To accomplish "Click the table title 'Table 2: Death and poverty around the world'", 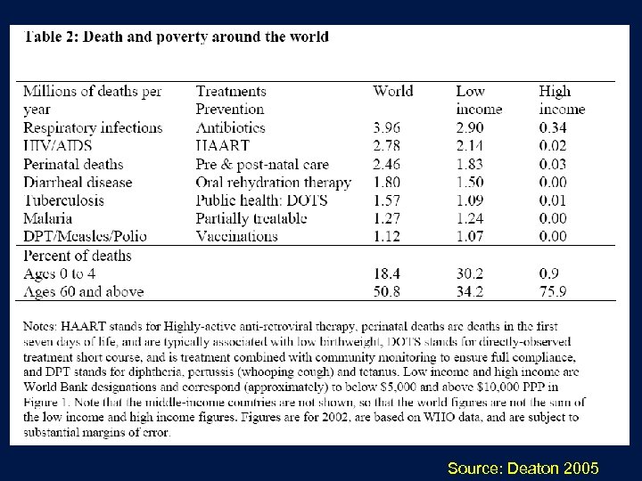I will click(x=176, y=37).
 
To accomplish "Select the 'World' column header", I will click(x=393, y=91).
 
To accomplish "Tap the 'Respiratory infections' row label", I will click(x=93, y=127).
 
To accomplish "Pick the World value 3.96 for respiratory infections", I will click(x=389, y=127).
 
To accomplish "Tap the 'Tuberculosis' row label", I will click(x=63, y=200).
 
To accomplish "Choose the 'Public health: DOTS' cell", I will click(x=262, y=200).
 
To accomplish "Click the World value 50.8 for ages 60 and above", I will click(x=389, y=290).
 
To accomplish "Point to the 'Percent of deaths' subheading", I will click(x=77, y=256).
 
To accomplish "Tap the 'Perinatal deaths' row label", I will click(x=73, y=164).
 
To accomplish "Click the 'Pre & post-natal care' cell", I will click(x=262, y=164).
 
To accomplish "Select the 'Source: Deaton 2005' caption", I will click(x=524, y=467).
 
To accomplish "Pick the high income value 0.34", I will click(x=554, y=127).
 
